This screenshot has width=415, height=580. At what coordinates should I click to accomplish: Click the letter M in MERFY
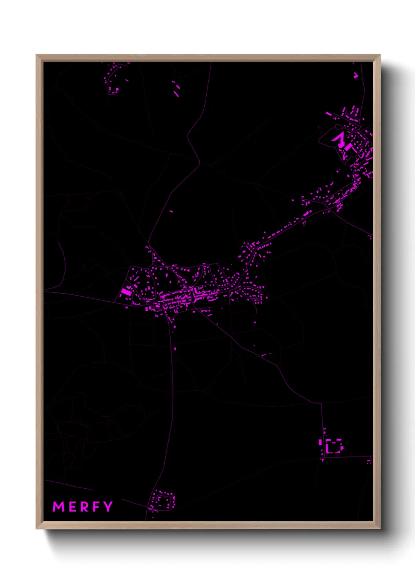58,507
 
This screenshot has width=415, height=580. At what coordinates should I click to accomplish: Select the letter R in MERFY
84,507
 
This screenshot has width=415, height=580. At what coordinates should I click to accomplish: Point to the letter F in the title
95,507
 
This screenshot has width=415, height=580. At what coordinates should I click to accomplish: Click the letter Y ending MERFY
107,506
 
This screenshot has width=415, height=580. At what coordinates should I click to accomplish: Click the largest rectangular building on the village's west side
126,292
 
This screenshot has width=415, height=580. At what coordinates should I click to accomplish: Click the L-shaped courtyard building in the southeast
334,446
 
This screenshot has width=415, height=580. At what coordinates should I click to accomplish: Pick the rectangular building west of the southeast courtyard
320,442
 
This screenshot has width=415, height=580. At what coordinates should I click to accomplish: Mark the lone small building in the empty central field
171,211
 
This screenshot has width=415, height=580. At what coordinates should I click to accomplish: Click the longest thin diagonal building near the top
177,94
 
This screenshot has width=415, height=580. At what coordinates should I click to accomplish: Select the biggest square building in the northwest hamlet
116,90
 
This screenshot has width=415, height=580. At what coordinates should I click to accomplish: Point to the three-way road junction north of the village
200,163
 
